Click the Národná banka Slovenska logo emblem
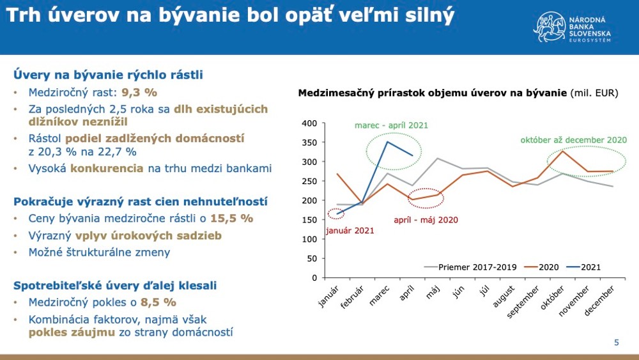click(x=548, y=26)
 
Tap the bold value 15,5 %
click(x=233, y=219)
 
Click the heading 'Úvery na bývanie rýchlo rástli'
click(x=108, y=75)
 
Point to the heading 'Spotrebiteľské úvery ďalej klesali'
click(x=115, y=285)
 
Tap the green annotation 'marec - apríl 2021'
click(x=391, y=125)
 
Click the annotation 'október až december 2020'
click(x=574, y=140)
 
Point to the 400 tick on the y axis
click(x=309, y=123)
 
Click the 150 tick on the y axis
click(x=309, y=220)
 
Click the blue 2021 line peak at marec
click(x=386, y=142)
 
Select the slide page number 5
click(x=616, y=343)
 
